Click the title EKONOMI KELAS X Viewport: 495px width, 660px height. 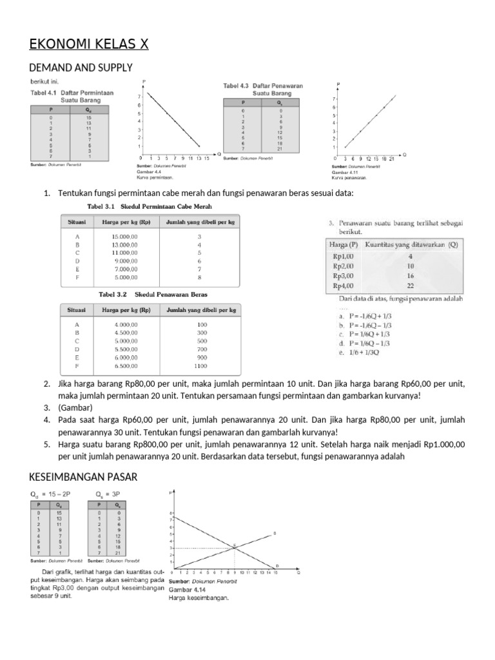89,44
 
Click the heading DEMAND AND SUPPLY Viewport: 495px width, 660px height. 81,67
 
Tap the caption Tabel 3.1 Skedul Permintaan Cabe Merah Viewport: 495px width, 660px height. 149,206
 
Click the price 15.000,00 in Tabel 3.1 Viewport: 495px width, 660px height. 125,237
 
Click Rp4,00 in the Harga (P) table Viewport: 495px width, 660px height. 342,285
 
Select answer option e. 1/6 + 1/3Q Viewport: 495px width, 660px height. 363,353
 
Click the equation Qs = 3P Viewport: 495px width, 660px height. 107,494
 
